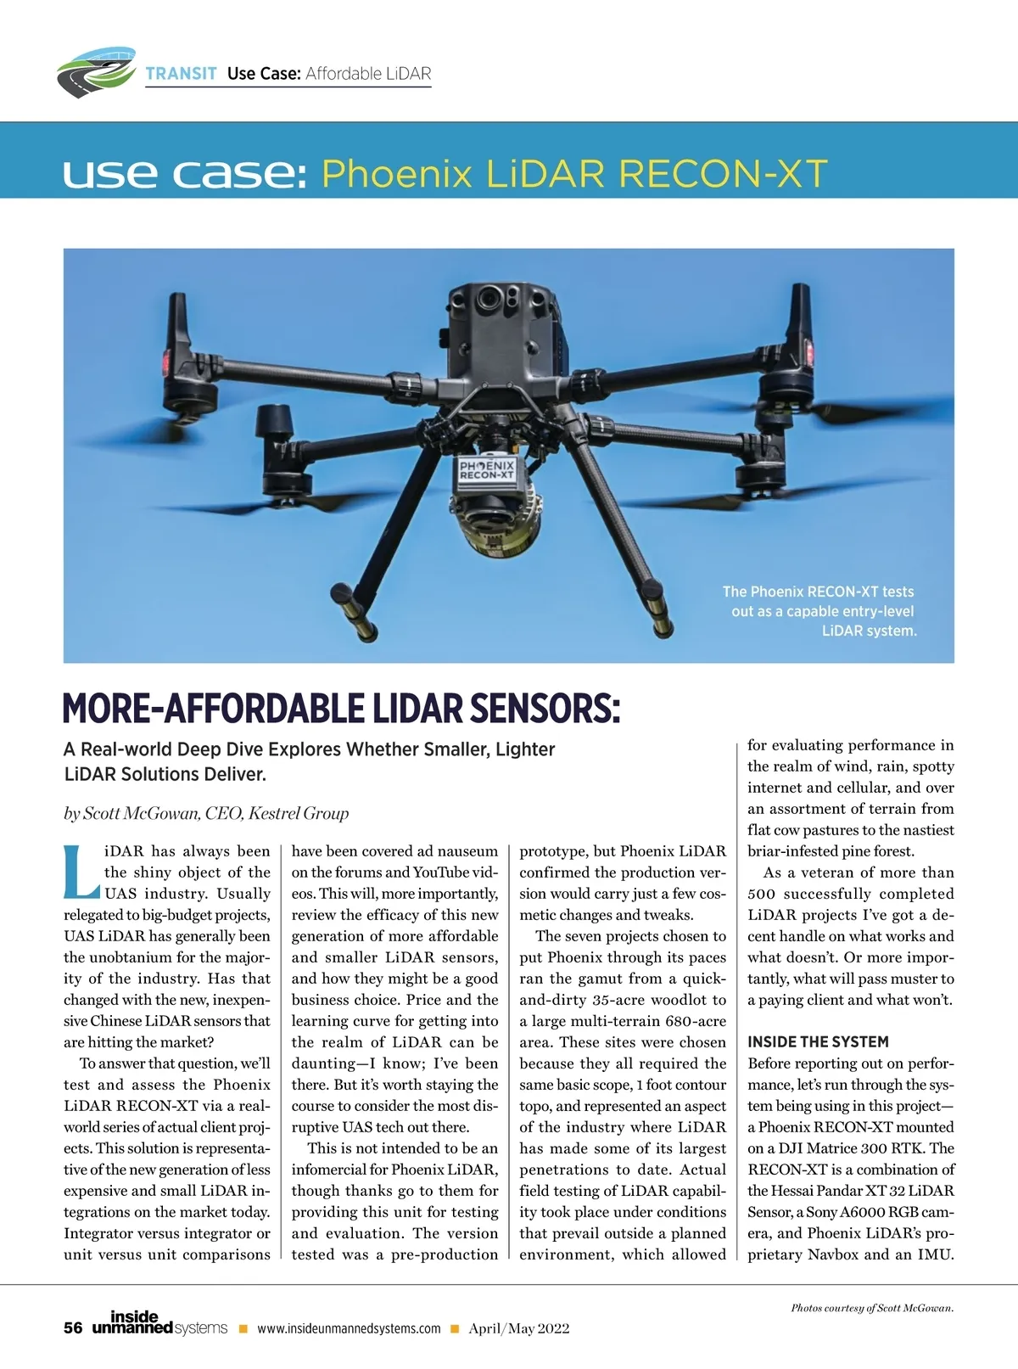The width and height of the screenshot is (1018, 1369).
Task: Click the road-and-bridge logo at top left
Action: (96, 70)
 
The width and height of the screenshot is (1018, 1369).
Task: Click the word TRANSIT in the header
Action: (181, 74)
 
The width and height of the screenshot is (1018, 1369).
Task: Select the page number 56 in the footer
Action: (73, 1328)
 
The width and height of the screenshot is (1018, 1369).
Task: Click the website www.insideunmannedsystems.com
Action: (349, 1329)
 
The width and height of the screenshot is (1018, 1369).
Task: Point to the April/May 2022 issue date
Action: (519, 1329)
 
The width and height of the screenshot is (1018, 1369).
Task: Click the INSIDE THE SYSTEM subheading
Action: (818, 1042)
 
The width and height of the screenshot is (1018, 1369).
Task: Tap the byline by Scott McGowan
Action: (206, 813)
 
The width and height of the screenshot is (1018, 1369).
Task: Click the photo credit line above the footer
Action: (872, 1308)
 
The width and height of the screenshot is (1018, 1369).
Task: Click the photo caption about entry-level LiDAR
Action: (819, 611)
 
